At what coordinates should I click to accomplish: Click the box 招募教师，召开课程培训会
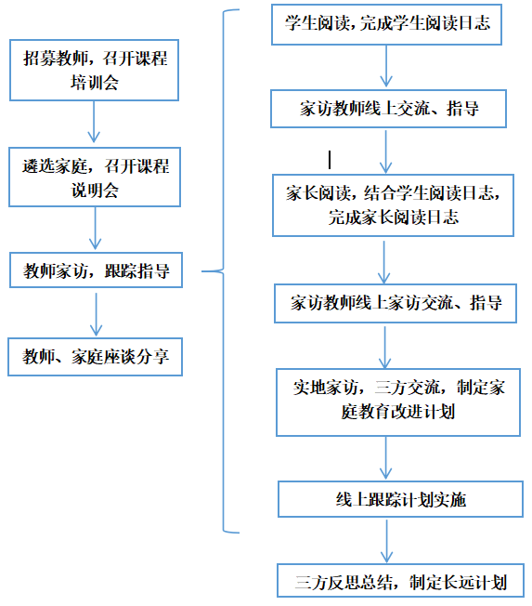(94, 70)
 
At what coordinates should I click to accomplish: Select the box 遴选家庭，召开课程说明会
(95, 177)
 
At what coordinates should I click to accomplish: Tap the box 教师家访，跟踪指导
(96, 270)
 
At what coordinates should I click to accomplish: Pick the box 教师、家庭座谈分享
(95, 357)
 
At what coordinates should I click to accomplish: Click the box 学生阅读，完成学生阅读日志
(386, 24)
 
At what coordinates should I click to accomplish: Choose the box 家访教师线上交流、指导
(388, 109)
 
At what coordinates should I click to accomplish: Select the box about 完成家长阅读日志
(393, 205)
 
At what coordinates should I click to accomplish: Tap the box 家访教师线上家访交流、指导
(396, 303)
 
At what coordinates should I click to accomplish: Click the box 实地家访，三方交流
(398, 402)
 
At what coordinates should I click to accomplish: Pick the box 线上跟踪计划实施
(400, 499)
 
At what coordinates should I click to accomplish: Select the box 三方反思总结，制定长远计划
(400, 581)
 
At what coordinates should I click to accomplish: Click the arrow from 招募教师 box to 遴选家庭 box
(94, 122)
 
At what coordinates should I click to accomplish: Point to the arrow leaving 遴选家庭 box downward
(95, 228)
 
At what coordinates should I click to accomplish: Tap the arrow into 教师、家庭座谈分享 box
(97, 314)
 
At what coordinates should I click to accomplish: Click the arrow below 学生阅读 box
(386, 66)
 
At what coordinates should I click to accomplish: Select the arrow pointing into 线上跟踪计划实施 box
(385, 458)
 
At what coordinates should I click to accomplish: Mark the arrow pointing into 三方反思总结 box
(386, 541)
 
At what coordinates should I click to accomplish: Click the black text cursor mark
(330, 160)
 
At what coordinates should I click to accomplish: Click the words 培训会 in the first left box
(94, 83)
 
